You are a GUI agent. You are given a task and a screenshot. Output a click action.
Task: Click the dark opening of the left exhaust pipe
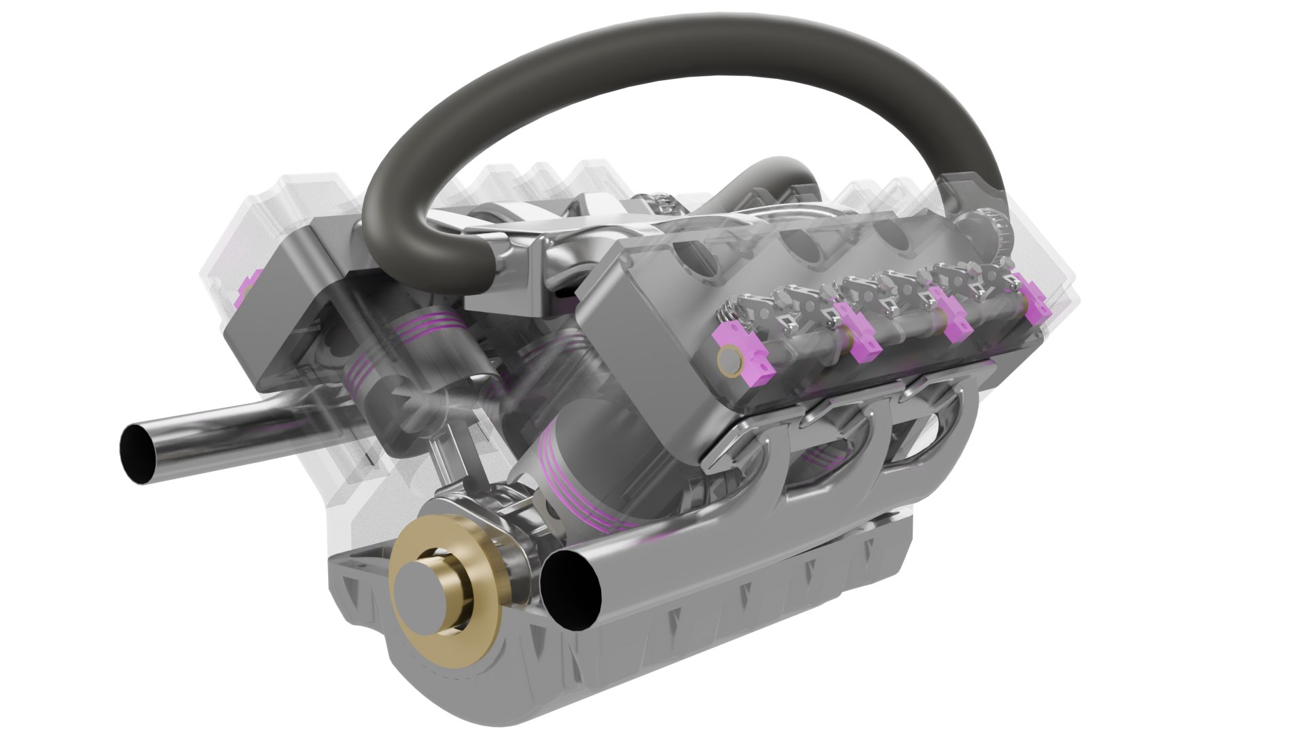pyautogui.click(x=139, y=452)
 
